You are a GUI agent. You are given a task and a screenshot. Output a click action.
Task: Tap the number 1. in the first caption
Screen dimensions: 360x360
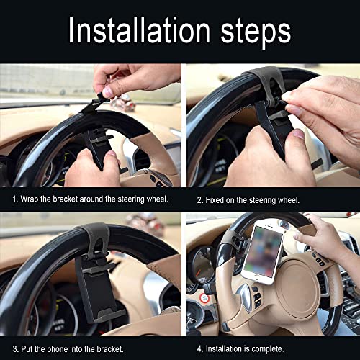pyautogui.click(x=14, y=197)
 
